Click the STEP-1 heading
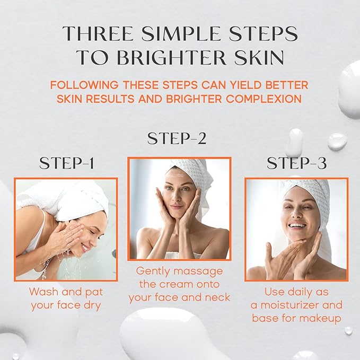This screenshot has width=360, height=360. (x=66, y=164)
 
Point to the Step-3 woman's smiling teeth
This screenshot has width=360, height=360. (x=297, y=225)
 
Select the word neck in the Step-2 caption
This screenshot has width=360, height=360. (x=217, y=297)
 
